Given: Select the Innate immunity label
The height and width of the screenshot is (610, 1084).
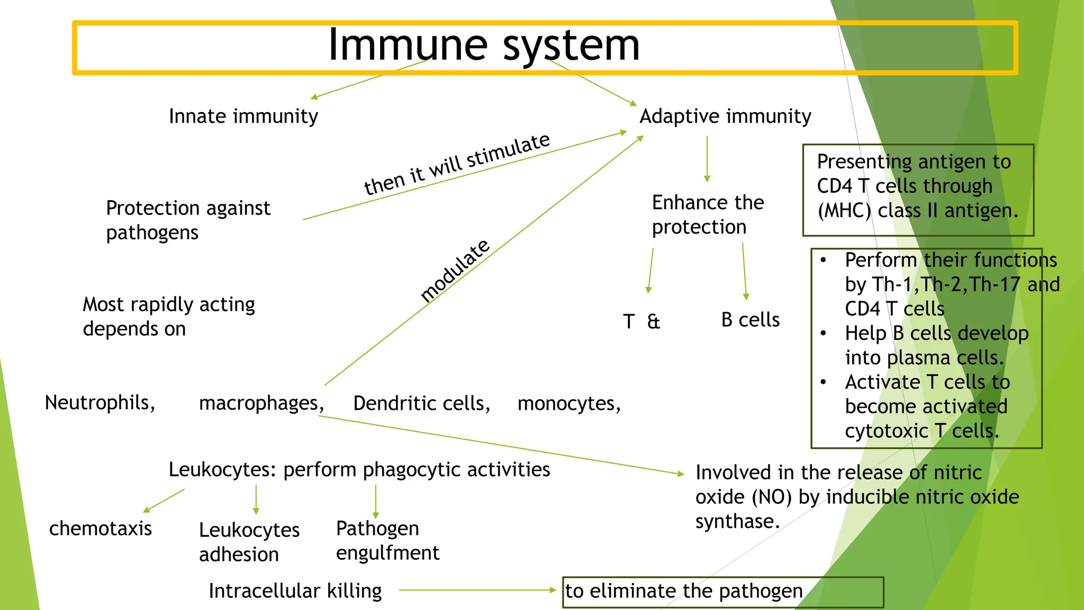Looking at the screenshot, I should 243,116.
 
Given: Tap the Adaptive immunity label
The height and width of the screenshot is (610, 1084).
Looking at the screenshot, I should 725,116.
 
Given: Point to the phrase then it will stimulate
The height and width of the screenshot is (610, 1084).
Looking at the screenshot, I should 457,164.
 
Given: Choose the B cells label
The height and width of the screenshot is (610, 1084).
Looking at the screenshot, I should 750,320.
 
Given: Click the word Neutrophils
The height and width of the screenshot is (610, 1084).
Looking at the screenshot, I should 100,402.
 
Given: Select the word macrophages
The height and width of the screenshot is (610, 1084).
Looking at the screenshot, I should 261,403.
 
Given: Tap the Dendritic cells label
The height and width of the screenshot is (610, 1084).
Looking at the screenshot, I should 421,403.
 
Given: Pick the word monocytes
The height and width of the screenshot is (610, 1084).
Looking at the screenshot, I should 568,403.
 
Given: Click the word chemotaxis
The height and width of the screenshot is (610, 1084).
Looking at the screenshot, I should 101,528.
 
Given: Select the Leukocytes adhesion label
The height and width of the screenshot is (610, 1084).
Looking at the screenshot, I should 249,542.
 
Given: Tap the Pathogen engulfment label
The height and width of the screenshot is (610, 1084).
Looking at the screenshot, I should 387,541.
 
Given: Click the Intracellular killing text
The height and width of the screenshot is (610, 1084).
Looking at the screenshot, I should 295,591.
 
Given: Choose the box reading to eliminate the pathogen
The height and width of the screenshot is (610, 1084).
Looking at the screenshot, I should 722,591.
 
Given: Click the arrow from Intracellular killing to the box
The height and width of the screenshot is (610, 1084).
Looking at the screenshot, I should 476,590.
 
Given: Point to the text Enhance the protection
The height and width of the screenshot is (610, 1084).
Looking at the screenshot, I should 708,214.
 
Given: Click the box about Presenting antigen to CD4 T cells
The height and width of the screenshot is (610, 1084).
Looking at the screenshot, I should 917,190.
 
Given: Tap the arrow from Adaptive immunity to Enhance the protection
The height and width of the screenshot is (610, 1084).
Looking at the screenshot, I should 707,159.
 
